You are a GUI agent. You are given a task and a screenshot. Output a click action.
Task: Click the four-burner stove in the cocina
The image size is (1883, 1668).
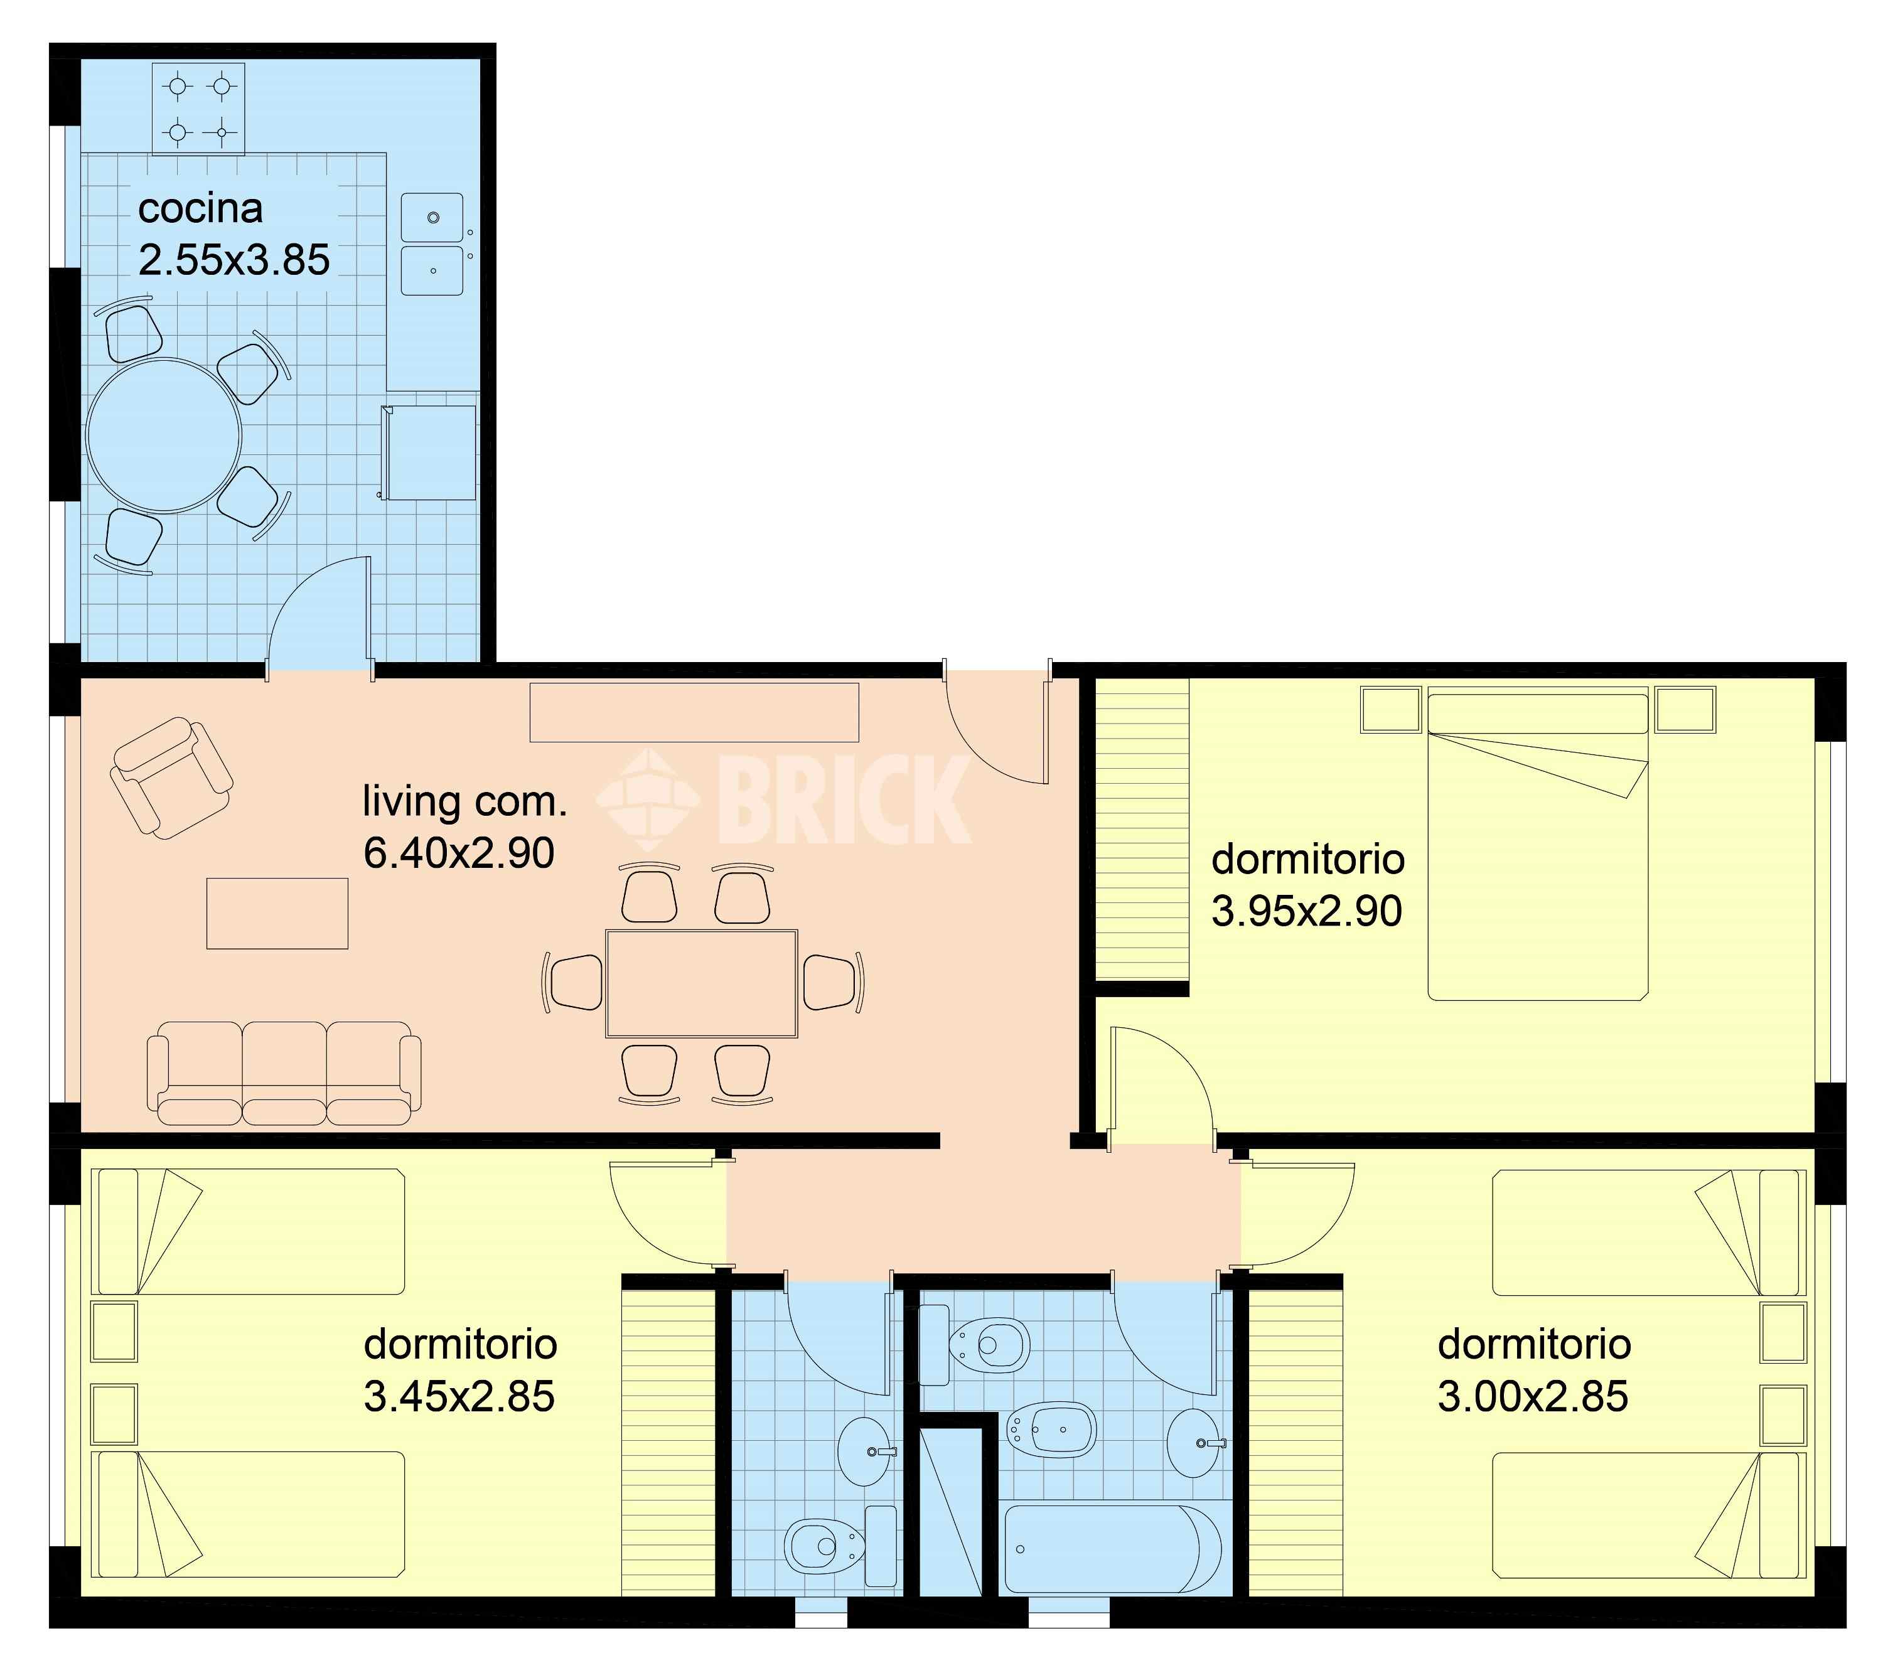coord(198,108)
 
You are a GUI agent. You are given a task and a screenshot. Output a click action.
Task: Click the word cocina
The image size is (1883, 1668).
coord(201,208)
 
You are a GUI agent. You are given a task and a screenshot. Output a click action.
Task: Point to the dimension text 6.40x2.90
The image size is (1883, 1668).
coord(459,853)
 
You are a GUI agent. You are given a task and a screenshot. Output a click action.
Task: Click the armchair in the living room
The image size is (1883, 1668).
coord(171,778)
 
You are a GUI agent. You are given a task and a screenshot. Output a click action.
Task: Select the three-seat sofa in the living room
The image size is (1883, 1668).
coord(284,1073)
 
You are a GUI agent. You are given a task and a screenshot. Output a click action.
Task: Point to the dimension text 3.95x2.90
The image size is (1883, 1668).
coord(1306,911)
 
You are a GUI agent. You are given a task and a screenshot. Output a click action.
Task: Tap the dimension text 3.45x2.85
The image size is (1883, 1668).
coord(459,1396)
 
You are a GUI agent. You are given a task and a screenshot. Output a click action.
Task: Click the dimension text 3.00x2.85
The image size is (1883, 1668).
coord(1533,1396)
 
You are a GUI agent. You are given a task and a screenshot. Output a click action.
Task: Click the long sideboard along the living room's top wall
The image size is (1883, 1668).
coord(694,712)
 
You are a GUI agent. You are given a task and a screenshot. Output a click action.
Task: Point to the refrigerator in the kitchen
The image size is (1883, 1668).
coord(429,452)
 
